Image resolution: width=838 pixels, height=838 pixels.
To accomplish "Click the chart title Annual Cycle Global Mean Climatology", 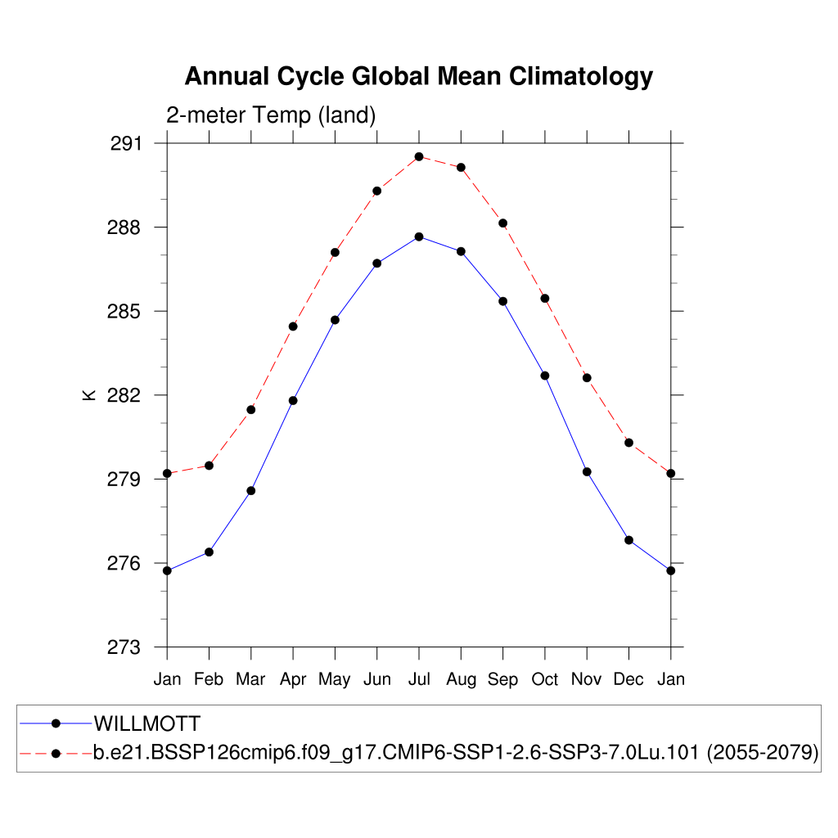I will (418, 76).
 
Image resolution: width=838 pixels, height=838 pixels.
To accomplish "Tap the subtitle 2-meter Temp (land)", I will (271, 115).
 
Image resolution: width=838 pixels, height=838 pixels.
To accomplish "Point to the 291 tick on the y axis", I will (125, 144).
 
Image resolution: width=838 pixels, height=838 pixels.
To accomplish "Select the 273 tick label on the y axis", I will (125, 647).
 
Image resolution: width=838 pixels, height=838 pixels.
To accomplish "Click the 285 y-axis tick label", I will (125, 312).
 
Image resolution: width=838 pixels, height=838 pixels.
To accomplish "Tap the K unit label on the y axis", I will (89, 395).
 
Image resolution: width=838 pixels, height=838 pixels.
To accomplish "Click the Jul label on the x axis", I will (419, 679).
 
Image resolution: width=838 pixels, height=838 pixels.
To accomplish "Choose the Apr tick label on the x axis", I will (293, 679).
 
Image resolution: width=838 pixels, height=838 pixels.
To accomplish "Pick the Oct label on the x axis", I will (545, 679).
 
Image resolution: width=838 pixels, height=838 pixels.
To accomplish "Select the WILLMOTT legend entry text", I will (147, 723).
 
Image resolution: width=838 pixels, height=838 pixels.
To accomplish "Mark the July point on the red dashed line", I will (419, 156).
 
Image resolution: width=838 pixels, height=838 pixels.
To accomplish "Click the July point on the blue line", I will (419, 237).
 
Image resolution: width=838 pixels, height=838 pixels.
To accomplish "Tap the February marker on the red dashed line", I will (209, 466).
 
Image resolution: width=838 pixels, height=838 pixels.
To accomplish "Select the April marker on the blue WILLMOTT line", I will (293, 400).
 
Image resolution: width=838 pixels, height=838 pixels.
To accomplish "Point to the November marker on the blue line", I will (587, 471).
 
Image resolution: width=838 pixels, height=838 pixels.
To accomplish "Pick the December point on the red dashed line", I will (628, 443).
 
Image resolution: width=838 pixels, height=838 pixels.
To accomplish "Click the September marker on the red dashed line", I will (502, 223).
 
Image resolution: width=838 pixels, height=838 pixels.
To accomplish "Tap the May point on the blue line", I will (335, 319).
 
